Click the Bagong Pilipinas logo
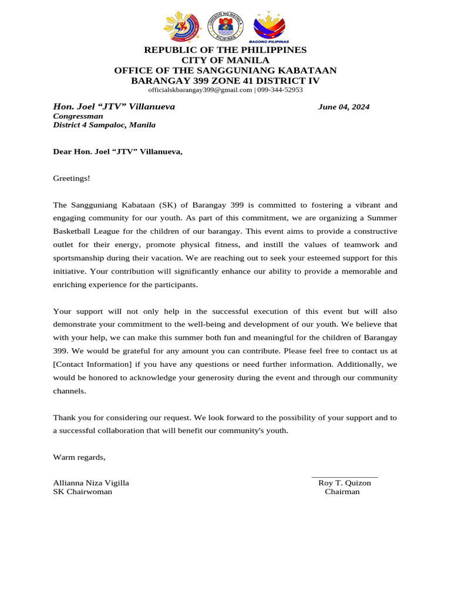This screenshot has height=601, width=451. [x=268, y=28]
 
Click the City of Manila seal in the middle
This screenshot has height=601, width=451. [x=225, y=28]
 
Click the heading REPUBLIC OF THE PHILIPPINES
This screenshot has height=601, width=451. [x=225, y=50]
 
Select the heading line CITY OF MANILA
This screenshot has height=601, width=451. [x=225, y=60]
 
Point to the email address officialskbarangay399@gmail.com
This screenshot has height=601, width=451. [x=200, y=90]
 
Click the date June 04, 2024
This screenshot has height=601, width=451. [x=344, y=107]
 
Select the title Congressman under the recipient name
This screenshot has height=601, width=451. [x=78, y=116]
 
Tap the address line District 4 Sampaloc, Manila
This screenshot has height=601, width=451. [x=105, y=125]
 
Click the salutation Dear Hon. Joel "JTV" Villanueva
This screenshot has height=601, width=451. [x=118, y=152]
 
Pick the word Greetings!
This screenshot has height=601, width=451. [x=72, y=178]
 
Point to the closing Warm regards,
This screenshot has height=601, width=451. [x=79, y=457]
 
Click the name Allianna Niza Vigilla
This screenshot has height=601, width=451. [x=91, y=483]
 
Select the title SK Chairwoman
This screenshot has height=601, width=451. [x=83, y=492]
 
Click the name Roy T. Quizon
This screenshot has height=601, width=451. [x=344, y=483]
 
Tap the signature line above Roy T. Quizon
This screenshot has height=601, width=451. [x=344, y=477]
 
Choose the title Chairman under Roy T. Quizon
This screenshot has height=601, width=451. [x=342, y=492]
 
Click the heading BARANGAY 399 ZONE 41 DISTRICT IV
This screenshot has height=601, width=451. [x=225, y=80]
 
